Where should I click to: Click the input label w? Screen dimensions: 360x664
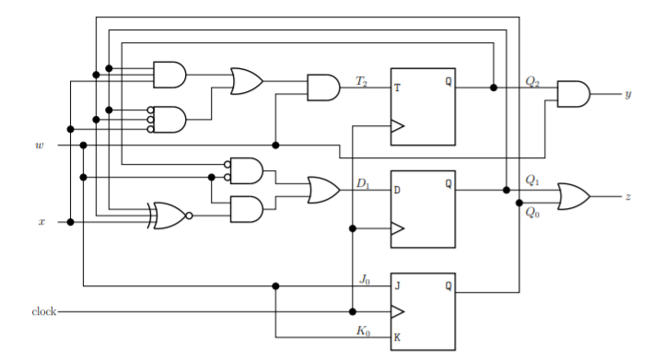39,145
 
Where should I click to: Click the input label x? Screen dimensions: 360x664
41,222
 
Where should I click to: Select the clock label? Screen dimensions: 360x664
42,312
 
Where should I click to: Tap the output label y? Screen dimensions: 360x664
627,94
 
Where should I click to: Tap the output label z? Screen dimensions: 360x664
627,197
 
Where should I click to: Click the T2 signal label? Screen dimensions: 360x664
361,81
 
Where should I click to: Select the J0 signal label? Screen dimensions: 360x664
364,278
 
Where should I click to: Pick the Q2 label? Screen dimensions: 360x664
532,81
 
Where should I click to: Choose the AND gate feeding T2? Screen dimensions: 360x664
322,87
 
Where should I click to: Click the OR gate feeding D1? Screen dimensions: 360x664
323,190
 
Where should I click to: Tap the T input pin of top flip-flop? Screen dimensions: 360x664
398,88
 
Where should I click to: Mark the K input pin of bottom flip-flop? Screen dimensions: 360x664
398,337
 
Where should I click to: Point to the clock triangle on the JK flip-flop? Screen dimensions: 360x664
398,311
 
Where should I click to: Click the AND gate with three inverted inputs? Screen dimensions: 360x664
169,119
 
